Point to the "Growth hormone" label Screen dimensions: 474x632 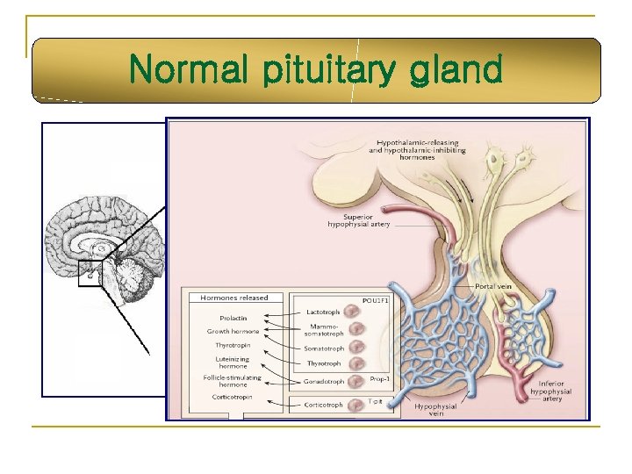233,331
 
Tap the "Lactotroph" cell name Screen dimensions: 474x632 323,311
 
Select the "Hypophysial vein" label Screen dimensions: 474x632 435,409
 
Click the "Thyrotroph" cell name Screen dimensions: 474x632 323,363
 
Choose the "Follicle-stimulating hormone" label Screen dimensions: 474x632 233,381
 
